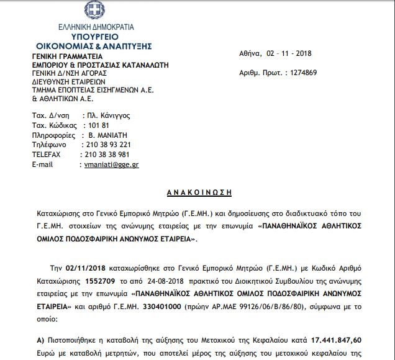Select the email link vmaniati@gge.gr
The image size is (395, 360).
(111, 164)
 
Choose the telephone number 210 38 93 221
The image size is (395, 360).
(106, 145)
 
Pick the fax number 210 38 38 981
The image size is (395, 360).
(106, 155)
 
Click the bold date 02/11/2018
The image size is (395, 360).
(86, 269)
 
